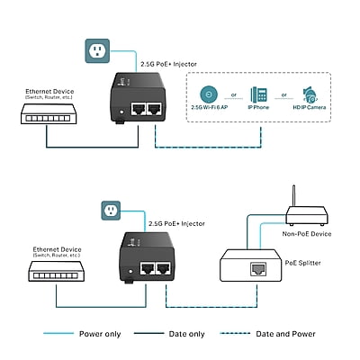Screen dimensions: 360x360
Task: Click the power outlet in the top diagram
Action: (97, 50)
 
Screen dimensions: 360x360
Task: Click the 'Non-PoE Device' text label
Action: (308, 234)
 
